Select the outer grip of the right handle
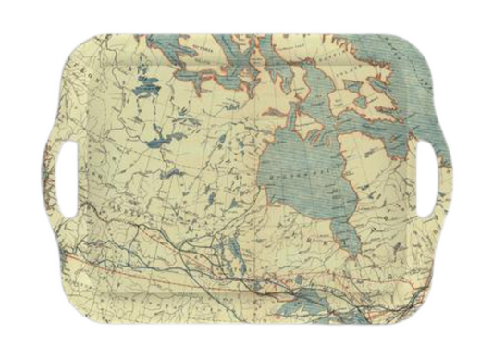point(446,180)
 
